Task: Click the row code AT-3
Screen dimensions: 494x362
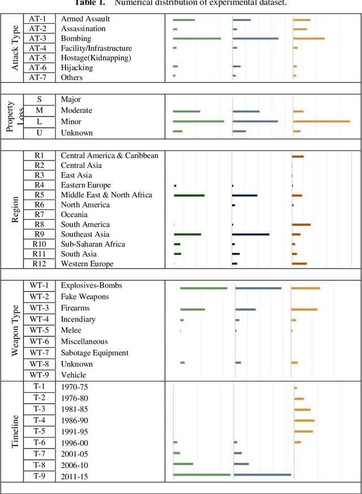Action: tap(38, 38)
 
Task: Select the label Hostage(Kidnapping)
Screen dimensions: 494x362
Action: tap(96, 58)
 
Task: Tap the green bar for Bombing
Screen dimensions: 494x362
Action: tap(197, 38)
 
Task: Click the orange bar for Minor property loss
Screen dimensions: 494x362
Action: tap(321, 121)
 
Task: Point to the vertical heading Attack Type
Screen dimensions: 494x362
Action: tap(15, 47)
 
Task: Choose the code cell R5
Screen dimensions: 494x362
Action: tap(39, 195)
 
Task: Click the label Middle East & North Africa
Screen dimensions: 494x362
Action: tap(106, 195)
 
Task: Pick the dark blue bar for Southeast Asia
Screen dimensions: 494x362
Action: tap(251, 234)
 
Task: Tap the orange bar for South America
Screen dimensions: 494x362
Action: tap(301, 224)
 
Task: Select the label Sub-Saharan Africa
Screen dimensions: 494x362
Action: tap(93, 244)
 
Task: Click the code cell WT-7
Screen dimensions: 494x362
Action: tap(39, 353)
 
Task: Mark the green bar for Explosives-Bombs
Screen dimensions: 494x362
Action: tap(204, 288)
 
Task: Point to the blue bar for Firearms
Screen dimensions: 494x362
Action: tap(245, 309)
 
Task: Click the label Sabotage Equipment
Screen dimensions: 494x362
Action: tap(94, 353)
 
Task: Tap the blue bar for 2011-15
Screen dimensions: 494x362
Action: tap(262, 475)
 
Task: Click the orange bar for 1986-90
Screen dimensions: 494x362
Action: tap(304, 421)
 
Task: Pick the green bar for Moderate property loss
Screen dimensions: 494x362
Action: tap(187, 111)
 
